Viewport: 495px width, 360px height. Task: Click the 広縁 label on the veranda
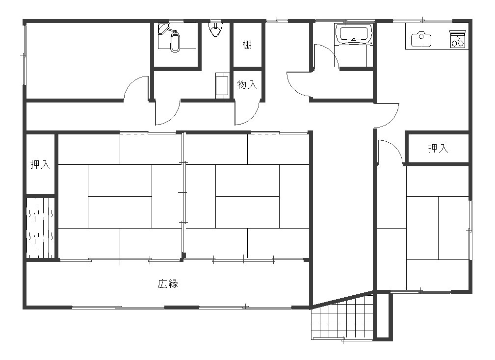[x=168, y=283]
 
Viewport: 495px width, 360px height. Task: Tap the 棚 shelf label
[x=247, y=45]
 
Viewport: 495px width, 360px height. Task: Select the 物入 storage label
[x=247, y=84]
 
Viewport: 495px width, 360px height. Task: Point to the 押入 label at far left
[x=40, y=164]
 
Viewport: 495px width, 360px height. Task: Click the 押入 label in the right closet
[x=438, y=148]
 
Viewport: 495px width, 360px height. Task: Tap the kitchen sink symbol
[x=421, y=39]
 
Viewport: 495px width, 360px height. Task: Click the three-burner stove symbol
[x=458, y=39]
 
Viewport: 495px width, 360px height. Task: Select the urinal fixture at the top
[x=216, y=29]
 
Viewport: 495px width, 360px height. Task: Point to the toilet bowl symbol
[x=175, y=42]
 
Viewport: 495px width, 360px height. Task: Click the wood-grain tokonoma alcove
[x=40, y=228]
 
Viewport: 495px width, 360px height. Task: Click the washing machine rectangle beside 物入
[x=222, y=85]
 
